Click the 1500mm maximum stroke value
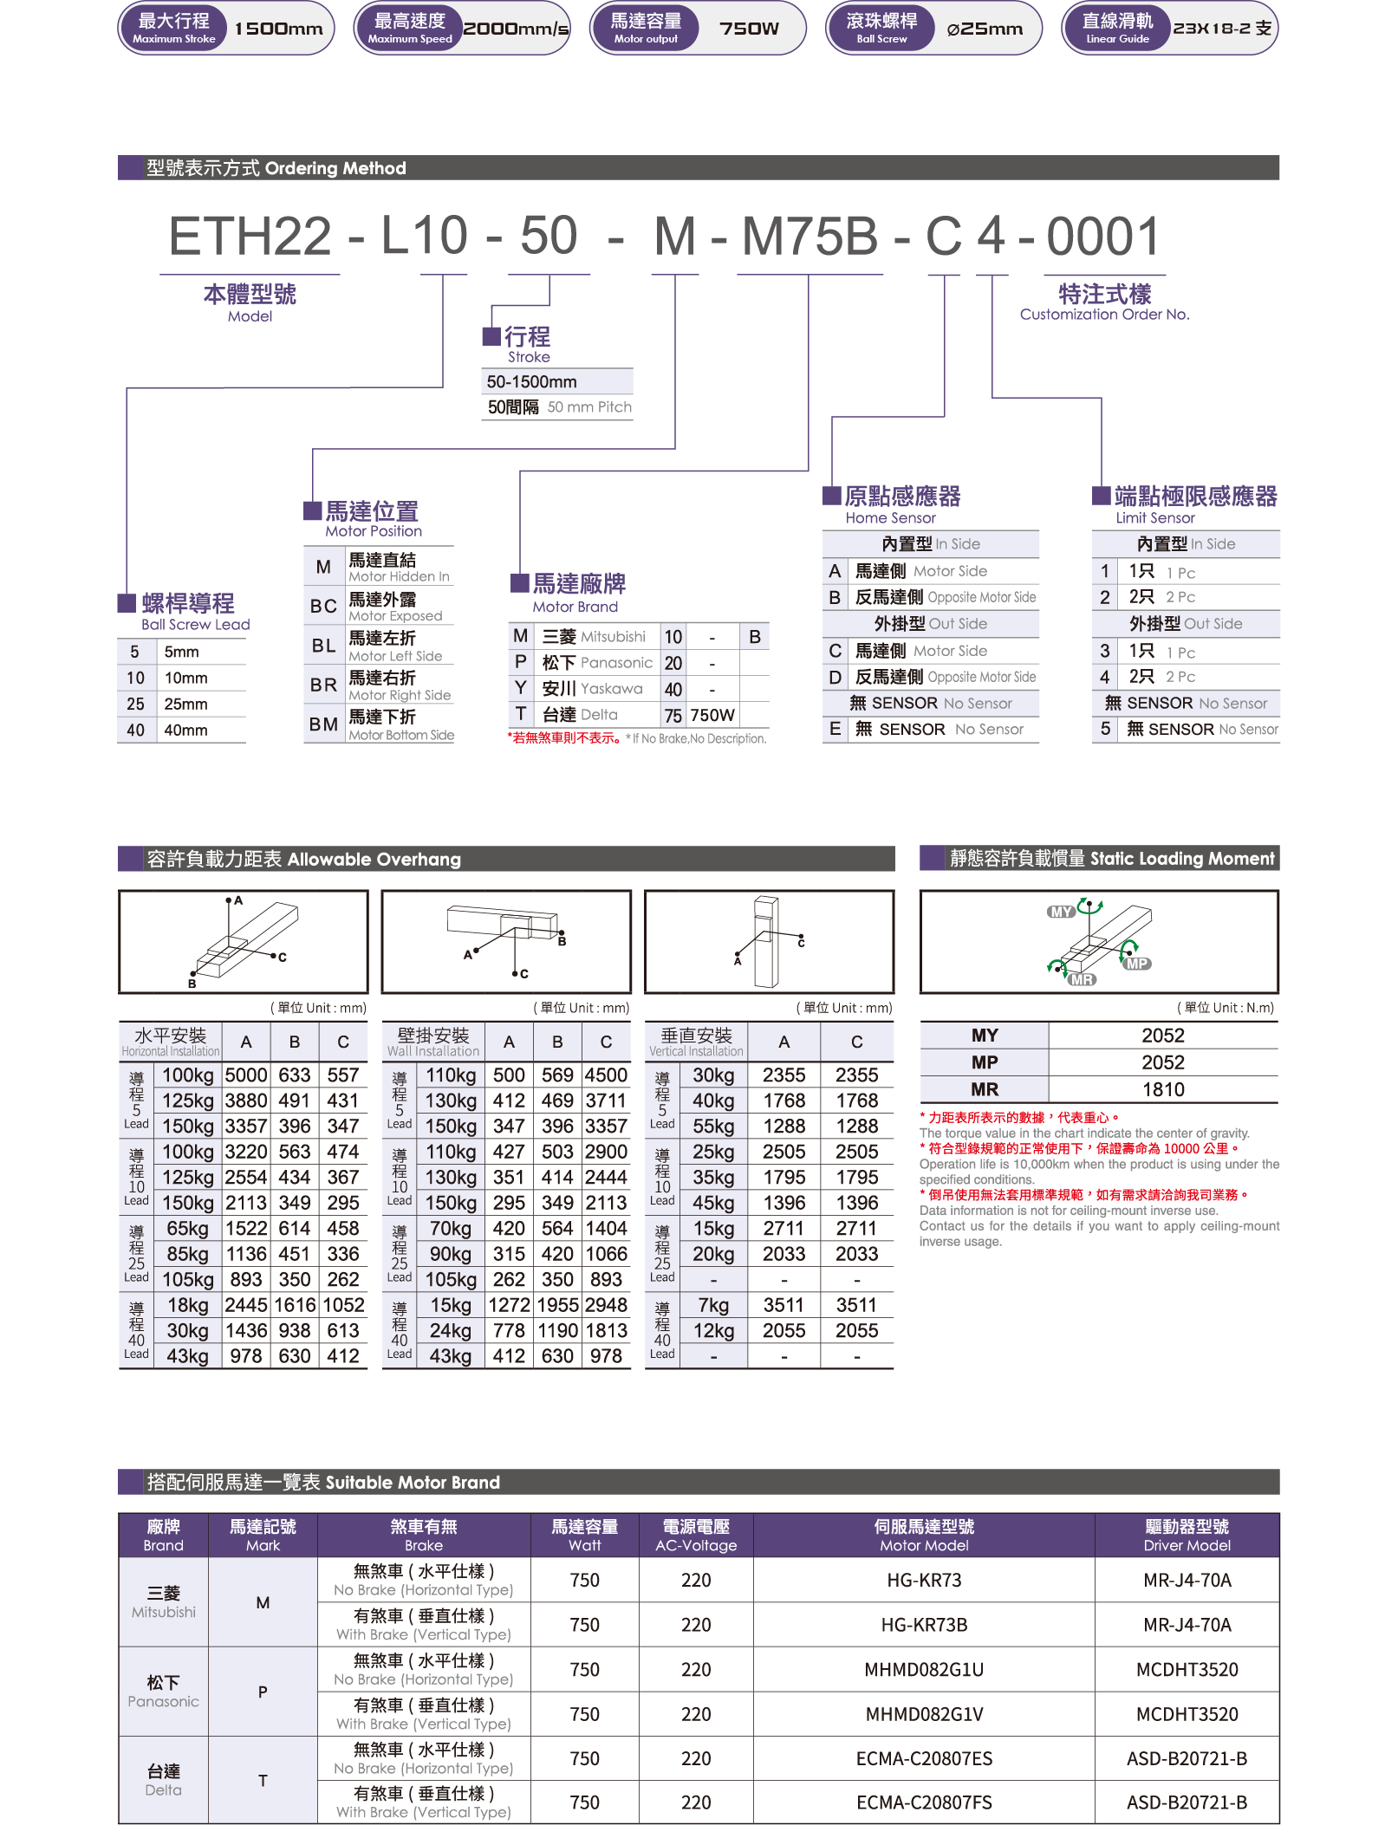click(278, 29)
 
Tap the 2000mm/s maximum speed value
click(516, 29)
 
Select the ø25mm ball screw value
click(985, 29)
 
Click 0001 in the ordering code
click(1102, 236)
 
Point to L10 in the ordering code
click(425, 236)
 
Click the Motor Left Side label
click(395, 656)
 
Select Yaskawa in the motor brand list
click(611, 689)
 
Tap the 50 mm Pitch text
click(589, 407)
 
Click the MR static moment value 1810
click(1163, 1089)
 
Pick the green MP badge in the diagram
click(1136, 964)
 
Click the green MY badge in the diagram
click(1061, 912)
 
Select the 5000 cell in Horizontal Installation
click(246, 1075)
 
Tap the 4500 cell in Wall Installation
click(606, 1075)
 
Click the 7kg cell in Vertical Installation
click(713, 1305)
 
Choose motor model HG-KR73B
click(924, 1625)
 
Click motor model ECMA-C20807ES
click(924, 1758)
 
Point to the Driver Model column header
click(1187, 1536)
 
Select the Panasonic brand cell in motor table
click(163, 1692)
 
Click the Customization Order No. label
click(1104, 315)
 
